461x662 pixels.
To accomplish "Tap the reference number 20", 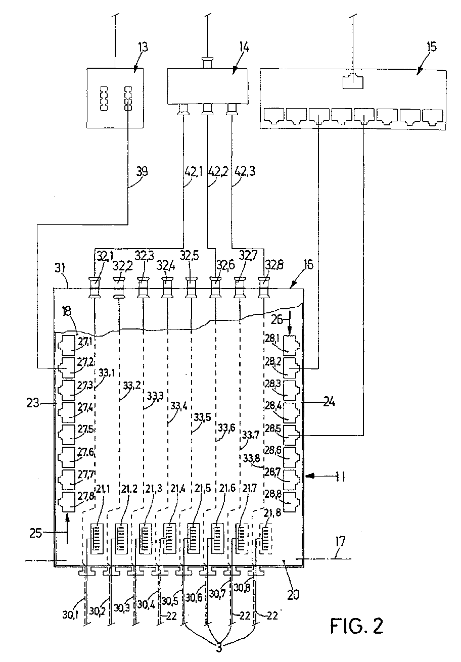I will pos(292,594).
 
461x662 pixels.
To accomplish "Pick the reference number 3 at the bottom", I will pos(219,646).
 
